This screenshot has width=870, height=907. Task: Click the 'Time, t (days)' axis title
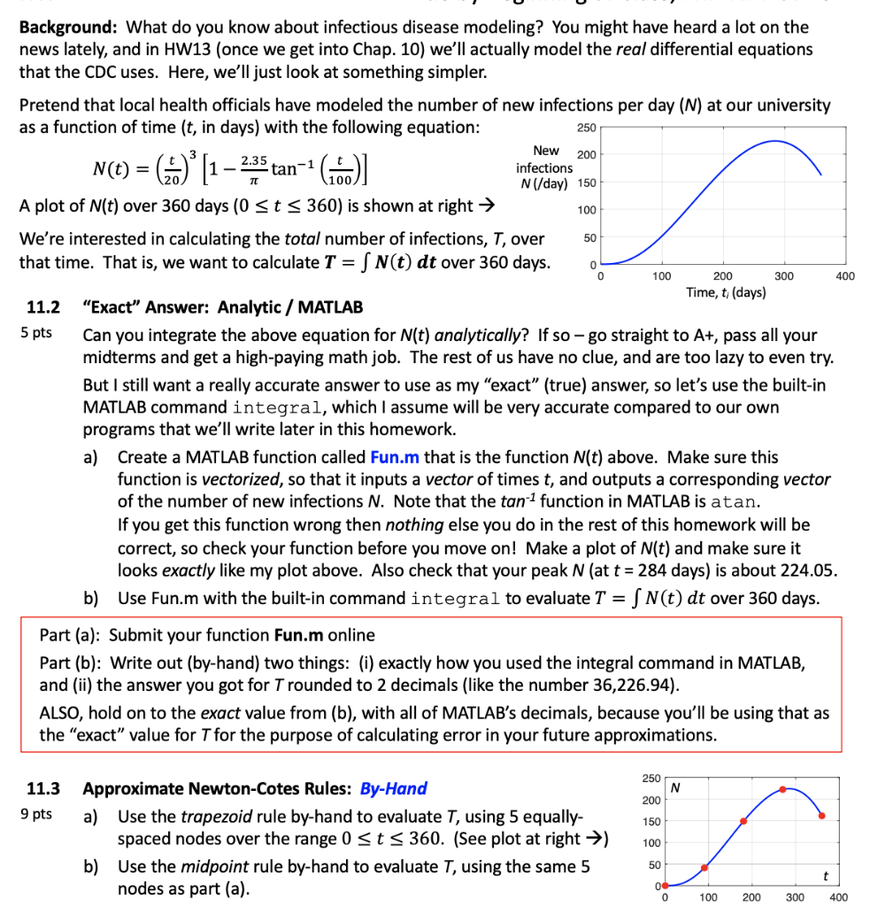coord(726,292)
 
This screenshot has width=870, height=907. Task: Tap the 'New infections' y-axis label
coord(544,167)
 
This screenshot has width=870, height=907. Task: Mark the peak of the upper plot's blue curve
coord(775,141)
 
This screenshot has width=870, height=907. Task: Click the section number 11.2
coord(43,308)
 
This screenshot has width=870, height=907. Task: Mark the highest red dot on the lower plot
coord(782,789)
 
